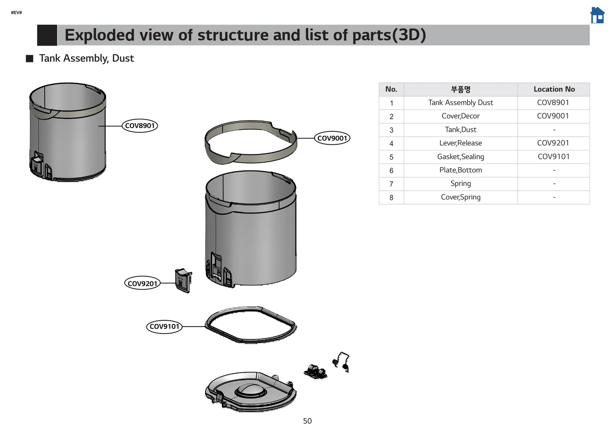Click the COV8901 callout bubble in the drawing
click(140, 126)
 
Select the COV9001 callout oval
click(332, 138)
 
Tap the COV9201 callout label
click(142, 283)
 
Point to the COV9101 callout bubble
click(164, 327)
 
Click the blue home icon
click(597, 15)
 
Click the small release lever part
click(183, 281)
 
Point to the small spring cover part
click(316, 371)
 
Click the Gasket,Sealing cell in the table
click(460, 157)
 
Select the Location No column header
click(554, 89)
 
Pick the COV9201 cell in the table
click(553, 143)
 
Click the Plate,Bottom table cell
click(460, 170)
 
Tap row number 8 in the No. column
click(391, 198)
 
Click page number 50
click(307, 421)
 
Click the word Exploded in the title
click(99, 35)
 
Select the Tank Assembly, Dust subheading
click(86, 58)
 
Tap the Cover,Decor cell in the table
click(460, 116)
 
